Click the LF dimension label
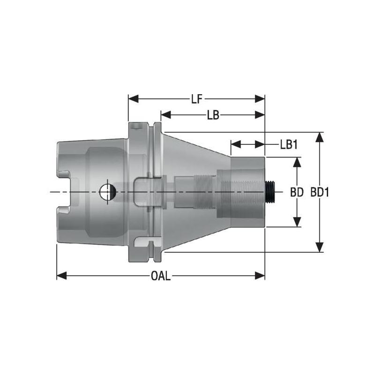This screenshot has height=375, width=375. [196, 99]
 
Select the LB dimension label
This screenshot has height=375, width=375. [214, 115]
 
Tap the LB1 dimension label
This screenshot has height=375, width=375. [289, 144]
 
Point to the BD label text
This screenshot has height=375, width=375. [296, 192]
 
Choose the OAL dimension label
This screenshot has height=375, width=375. [161, 276]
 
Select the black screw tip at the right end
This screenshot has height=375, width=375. [270, 192]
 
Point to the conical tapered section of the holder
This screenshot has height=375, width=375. [197, 155]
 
